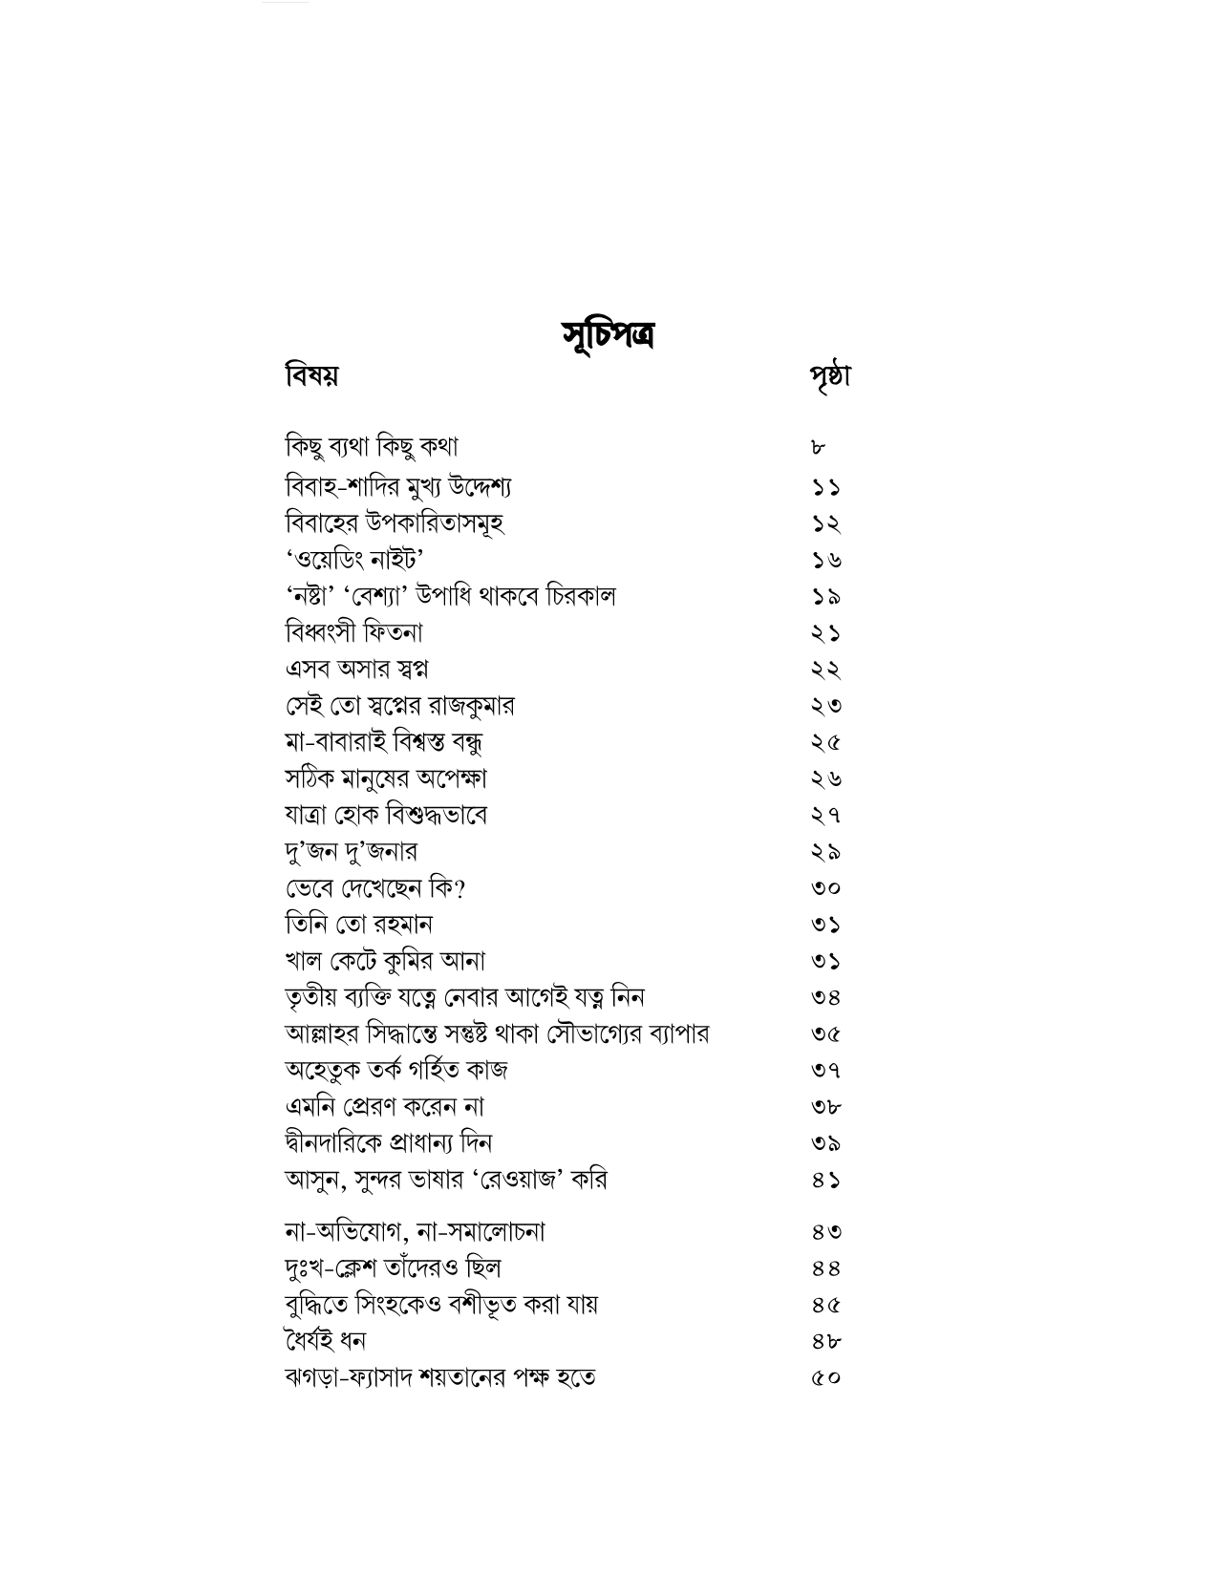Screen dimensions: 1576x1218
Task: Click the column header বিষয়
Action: [x=311, y=375]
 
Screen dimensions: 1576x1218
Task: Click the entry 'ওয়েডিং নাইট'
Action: [x=354, y=559]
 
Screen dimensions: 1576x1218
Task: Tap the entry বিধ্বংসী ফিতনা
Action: [x=354, y=632]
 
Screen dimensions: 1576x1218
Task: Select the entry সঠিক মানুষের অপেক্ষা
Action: [x=387, y=778]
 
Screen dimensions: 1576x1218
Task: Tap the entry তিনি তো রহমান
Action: [x=359, y=925]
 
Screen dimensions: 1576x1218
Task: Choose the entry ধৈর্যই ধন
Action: [x=325, y=1341]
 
